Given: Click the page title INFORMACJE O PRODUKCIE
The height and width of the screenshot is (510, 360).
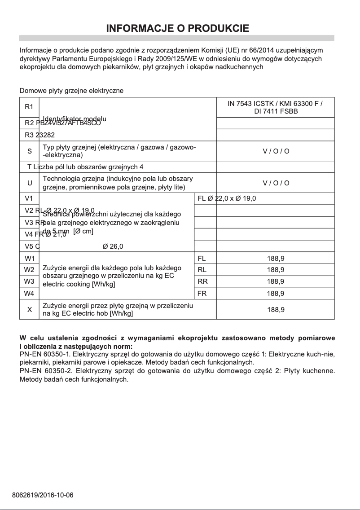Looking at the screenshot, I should coord(177,29).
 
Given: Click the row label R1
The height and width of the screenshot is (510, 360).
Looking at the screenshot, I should coord(29,107).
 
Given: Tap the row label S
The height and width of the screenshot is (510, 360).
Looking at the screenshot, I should coord(29,151).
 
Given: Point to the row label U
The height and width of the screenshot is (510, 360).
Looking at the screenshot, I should coord(29,183).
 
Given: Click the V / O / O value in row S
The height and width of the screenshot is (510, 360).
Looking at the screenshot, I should coord(276,151).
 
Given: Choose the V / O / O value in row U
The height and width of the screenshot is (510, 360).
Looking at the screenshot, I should coord(276,183).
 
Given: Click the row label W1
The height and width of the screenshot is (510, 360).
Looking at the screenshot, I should coord(29,258).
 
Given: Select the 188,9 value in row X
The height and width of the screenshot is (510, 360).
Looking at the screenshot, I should coord(275,309).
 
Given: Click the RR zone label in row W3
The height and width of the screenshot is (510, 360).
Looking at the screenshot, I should coord(202,281).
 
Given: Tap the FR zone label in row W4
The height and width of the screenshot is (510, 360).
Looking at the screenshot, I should coord(202,294).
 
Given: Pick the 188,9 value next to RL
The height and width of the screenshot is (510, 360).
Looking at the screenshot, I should coord(275,270).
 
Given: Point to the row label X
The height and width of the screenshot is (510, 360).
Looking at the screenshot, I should coord(29,309).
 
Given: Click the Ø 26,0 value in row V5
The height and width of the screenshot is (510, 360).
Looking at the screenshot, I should coord(113,246).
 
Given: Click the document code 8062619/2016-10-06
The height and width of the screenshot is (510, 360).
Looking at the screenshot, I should coord(43,495).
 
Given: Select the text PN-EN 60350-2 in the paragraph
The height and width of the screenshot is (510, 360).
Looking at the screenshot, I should coord(43,371).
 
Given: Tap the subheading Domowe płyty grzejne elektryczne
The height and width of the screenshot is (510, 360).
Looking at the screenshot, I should coord(71,91).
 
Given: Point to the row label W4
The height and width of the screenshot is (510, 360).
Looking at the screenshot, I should coord(29,294).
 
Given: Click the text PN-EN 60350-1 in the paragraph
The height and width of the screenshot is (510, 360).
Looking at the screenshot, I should coord(43,354).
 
